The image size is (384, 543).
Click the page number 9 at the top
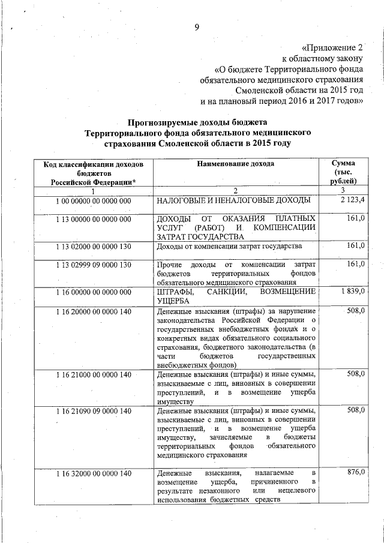pyautogui.click(x=196, y=26)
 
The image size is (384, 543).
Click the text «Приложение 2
pyautogui.click(x=332, y=47)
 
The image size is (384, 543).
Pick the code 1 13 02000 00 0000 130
pyautogui.click(x=93, y=247)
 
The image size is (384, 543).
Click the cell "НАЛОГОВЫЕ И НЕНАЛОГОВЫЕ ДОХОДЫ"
pyautogui.click(x=233, y=200)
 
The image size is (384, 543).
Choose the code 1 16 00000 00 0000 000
pyautogui.click(x=93, y=292)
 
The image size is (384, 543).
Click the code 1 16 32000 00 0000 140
pyautogui.click(x=93, y=474)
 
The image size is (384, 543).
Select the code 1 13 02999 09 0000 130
pyautogui.click(x=93, y=265)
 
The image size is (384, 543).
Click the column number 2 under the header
pyautogui.click(x=236, y=190)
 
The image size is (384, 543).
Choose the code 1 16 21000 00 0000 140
pyautogui.click(x=93, y=375)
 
